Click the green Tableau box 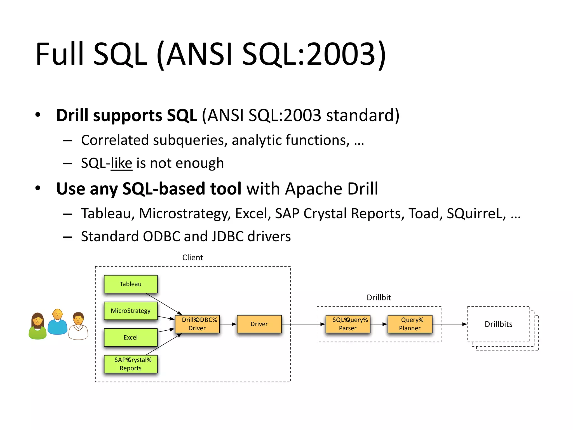click(131, 284)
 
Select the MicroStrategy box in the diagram click(131, 310)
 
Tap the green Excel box click(131, 337)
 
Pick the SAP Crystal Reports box click(131, 364)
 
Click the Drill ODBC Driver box click(197, 324)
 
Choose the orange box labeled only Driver click(259, 324)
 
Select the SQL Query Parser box click(348, 324)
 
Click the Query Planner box click(410, 324)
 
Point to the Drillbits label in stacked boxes click(498, 324)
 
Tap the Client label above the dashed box click(192, 258)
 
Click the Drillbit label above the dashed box click(379, 297)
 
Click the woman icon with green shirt click(37, 326)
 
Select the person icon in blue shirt click(57, 322)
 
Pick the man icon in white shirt click(78, 326)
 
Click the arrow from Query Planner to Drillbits click(450, 324)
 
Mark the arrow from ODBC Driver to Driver click(228, 324)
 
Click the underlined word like click(121, 163)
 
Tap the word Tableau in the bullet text click(106, 214)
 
